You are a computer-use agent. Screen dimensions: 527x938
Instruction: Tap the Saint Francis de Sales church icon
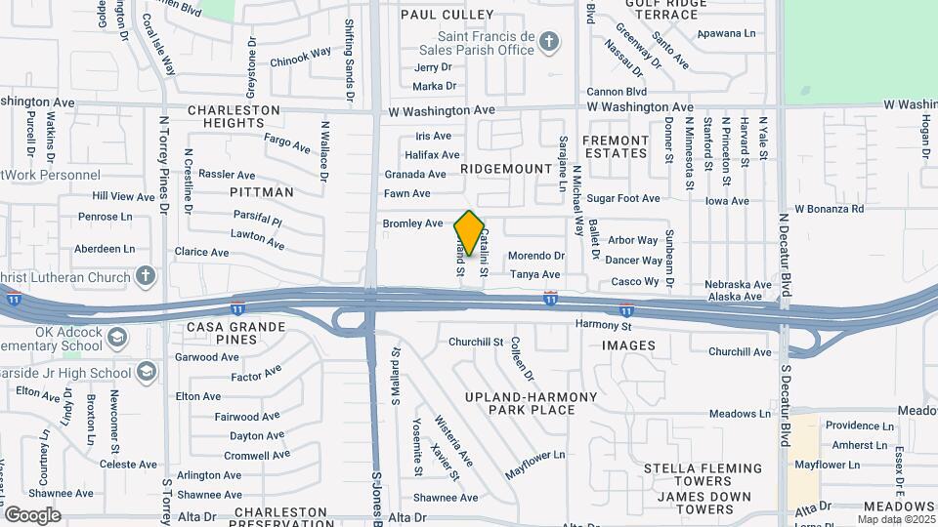(x=549, y=41)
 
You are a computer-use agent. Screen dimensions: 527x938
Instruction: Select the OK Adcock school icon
(x=118, y=338)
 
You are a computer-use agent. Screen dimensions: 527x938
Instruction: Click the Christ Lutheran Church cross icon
(x=146, y=277)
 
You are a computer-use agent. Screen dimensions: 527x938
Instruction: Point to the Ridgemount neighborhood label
(x=506, y=169)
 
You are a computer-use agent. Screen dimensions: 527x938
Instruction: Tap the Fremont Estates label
(x=616, y=146)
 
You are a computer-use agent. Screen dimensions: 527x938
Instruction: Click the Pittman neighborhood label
(x=261, y=192)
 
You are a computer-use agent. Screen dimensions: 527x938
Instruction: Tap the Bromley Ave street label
(x=412, y=223)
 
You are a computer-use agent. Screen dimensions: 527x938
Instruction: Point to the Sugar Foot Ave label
(x=623, y=198)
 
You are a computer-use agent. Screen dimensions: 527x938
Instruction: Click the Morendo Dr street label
(x=536, y=256)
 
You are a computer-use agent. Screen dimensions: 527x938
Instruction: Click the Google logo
(x=32, y=514)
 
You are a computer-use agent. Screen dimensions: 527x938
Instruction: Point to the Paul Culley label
(x=448, y=16)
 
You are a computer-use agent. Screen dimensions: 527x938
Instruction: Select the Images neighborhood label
(x=628, y=345)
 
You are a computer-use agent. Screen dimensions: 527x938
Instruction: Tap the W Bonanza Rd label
(x=829, y=209)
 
